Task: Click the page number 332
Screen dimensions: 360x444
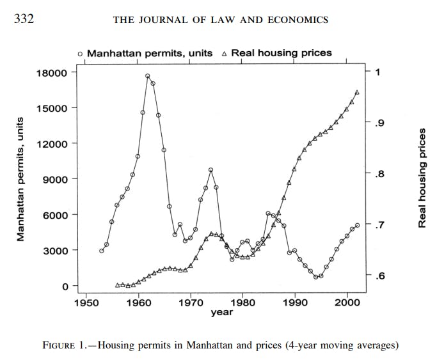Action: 24,19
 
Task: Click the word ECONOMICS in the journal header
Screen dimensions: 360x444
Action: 297,20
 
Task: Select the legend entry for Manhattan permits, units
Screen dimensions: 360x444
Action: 145,53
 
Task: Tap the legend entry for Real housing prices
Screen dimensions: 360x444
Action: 276,53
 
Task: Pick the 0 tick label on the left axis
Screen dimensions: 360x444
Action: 64,286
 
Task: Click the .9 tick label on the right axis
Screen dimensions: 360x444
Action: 379,123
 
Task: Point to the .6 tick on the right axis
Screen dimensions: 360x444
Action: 379,276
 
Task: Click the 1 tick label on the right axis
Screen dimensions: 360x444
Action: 377,72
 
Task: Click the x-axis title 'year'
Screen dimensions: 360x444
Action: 221,313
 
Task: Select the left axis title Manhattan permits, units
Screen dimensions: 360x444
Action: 20,179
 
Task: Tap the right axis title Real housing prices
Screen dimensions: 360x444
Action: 422,178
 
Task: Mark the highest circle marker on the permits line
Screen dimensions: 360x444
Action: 148,76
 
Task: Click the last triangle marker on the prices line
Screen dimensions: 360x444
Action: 357,92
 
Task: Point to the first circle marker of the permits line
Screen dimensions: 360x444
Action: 102,251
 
